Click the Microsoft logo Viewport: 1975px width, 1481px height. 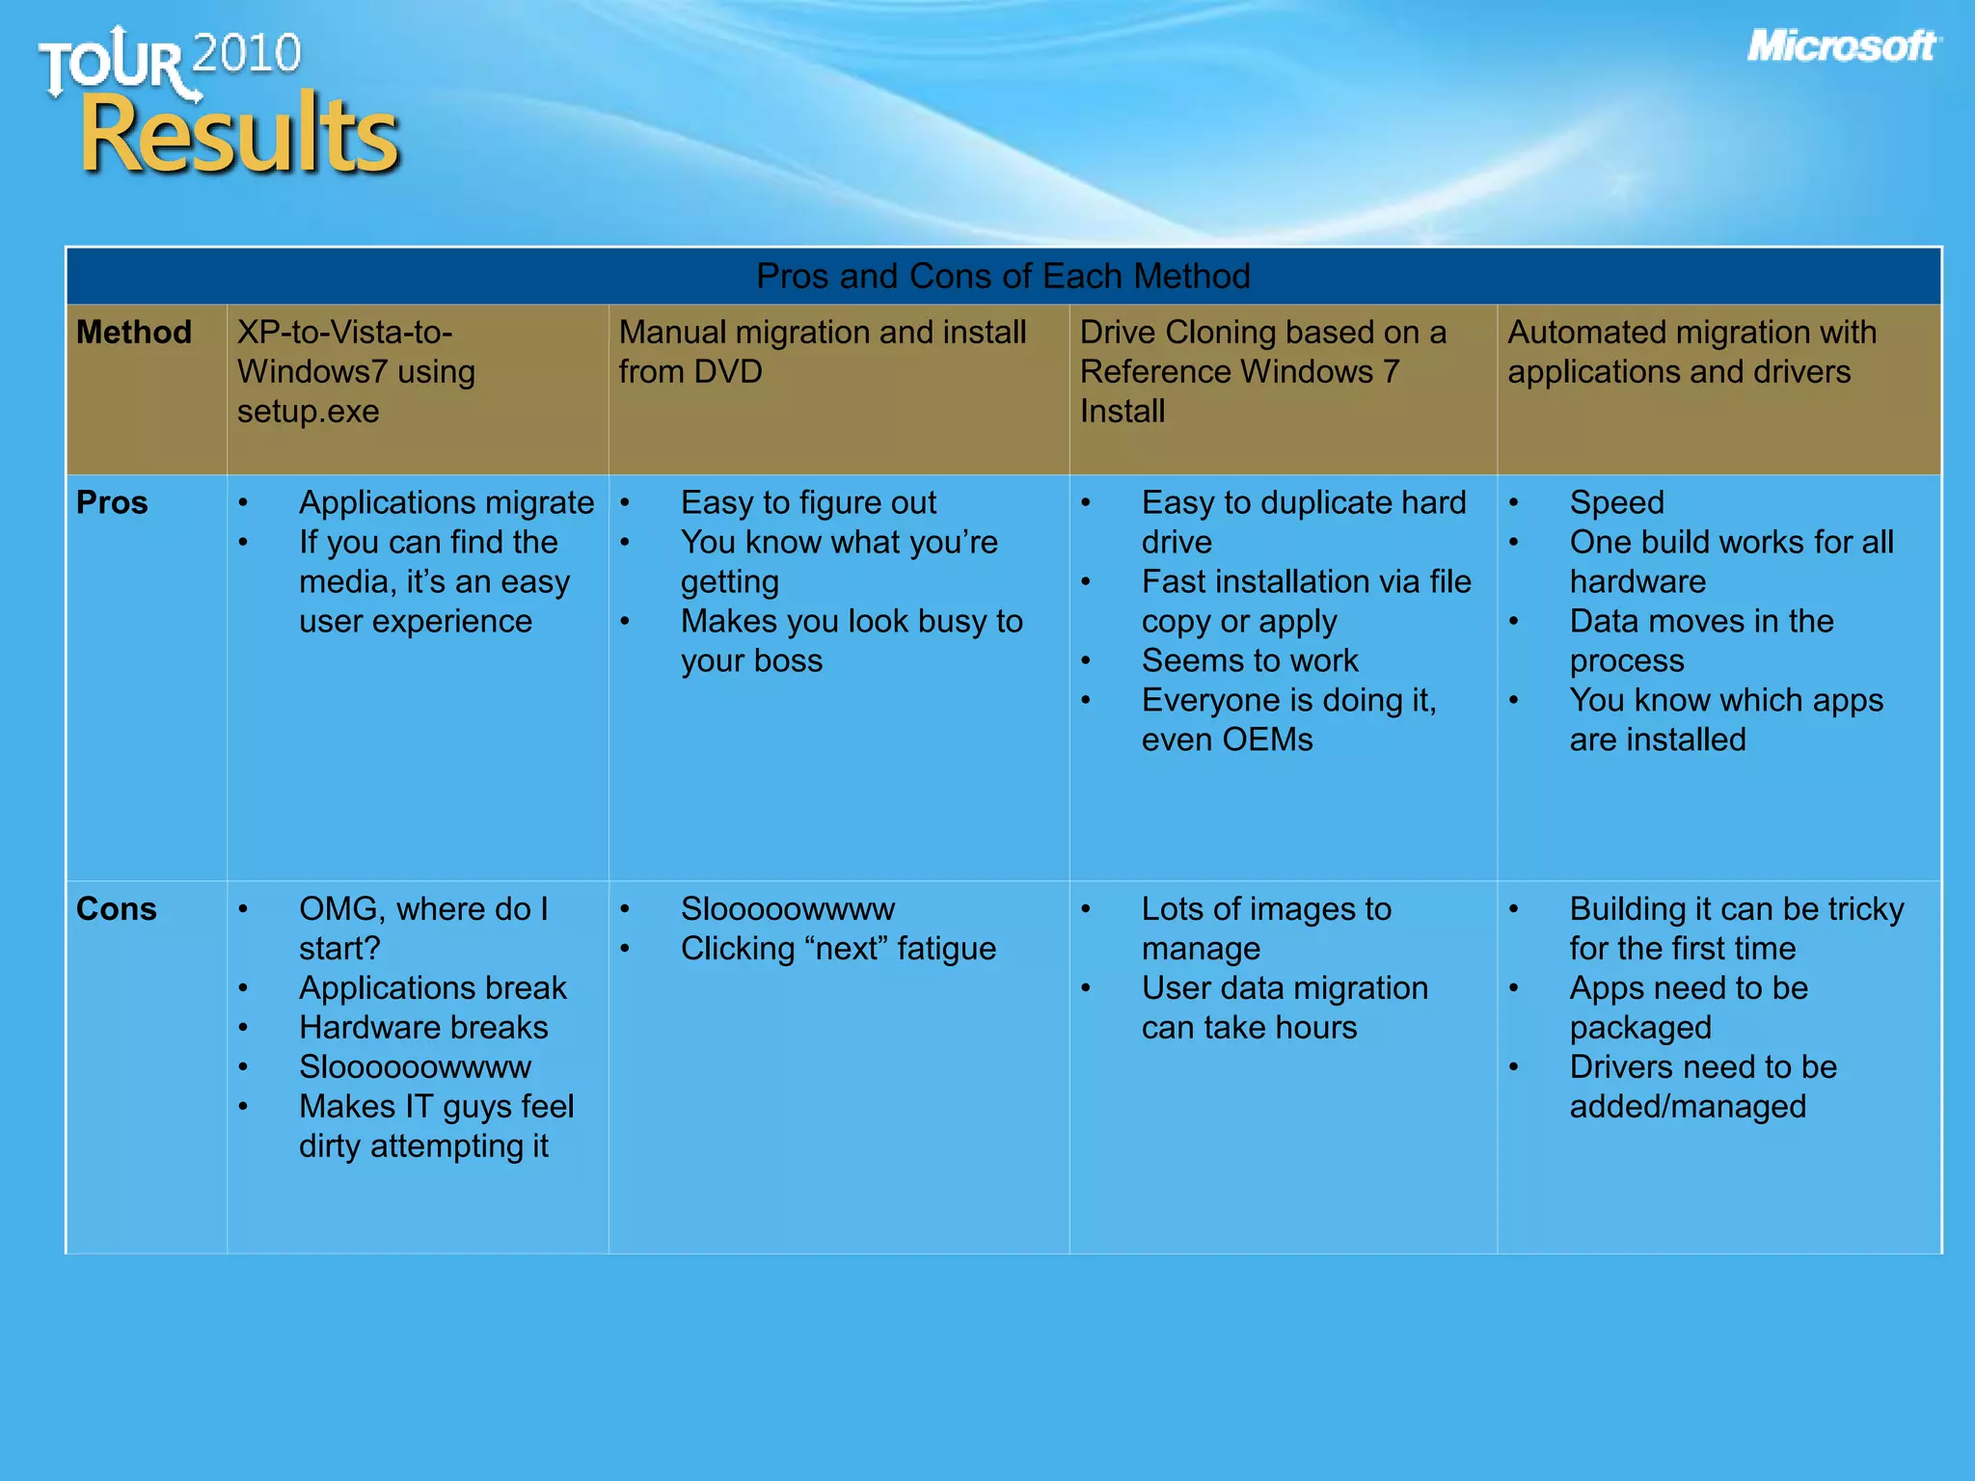pyautogui.click(x=1842, y=46)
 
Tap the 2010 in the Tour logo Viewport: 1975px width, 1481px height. pyautogui.click(x=247, y=53)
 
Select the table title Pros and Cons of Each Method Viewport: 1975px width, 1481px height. pyautogui.click(x=1003, y=277)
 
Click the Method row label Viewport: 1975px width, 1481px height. pyautogui.click(x=134, y=333)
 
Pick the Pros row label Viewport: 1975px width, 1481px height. pyautogui.click(x=112, y=503)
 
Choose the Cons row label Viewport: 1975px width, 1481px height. pyautogui.click(x=116, y=909)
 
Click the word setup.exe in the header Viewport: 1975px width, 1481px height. pyautogui.click(x=308, y=412)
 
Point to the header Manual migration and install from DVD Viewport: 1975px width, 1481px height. pyautogui.click(x=822, y=352)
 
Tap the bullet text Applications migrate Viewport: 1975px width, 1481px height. pyautogui.click(x=446, y=503)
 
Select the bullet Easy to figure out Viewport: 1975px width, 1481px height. pyautogui.click(x=808, y=503)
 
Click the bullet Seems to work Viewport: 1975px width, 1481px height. pyautogui.click(x=1250, y=661)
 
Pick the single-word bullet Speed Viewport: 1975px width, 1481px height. pyautogui.click(x=1616, y=503)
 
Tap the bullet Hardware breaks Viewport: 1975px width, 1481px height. pyautogui.click(x=423, y=1028)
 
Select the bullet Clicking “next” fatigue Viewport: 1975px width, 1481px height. pyautogui.click(x=838, y=949)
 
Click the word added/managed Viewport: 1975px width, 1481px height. pyautogui.click(x=1688, y=1107)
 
